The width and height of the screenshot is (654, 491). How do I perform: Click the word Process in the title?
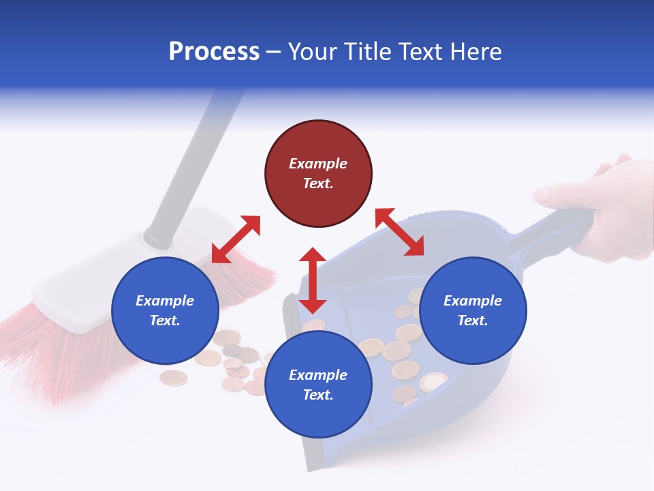point(214,52)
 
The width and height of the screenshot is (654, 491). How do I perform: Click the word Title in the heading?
point(370,52)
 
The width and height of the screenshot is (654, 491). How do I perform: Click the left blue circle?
point(165,310)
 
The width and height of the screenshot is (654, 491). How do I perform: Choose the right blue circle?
point(473,310)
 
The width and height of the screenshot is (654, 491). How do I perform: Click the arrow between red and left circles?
point(236,239)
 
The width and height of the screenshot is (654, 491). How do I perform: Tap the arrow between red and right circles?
point(399,232)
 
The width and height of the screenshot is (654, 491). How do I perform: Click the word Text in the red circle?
point(318,183)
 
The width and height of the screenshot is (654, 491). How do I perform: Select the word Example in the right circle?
point(473,301)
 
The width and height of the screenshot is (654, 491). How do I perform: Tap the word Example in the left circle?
point(165,301)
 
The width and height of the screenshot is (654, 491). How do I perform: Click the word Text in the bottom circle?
point(318,395)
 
